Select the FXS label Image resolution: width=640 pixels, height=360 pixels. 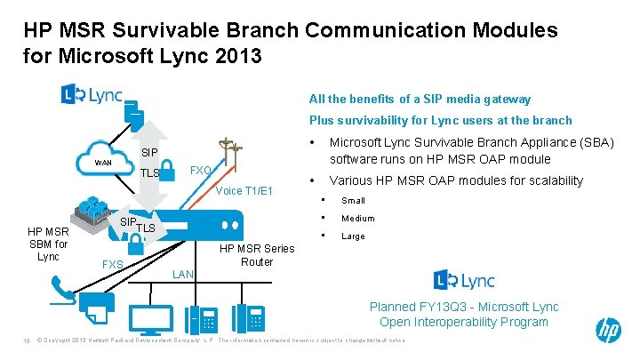tap(113, 265)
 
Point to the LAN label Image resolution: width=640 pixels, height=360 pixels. tap(182, 274)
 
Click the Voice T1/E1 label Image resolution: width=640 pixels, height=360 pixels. tap(244, 190)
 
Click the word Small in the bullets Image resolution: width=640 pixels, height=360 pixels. tap(354, 200)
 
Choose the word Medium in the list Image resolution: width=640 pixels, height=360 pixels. tap(358, 218)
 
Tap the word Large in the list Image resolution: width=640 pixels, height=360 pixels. tap(353, 236)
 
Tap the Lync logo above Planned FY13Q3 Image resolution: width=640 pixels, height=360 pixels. tap(464, 280)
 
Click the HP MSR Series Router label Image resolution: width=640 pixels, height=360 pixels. tap(257, 255)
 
